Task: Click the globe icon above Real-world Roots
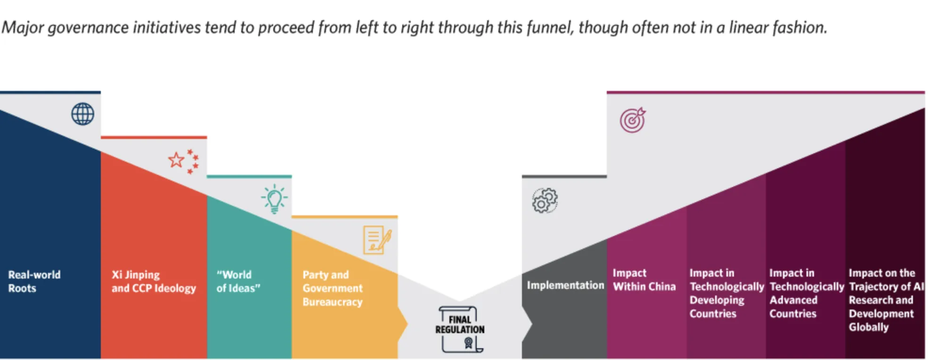tap(83, 114)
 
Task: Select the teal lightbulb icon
tap(275, 199)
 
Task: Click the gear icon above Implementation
tap(545, 200)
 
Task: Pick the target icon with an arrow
tap(633, 120)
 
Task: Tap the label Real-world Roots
tap(34, 281)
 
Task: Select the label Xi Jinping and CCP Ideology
tap(154, 281)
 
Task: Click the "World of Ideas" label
tap(238, 281)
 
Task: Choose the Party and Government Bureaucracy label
tap(333, 288)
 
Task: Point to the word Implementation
tap(565, 285)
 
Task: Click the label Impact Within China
tap(644, 280)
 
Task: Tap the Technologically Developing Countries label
tap(727, 293)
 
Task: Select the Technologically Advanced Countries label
tap(806, 293)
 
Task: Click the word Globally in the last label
tap(869, 327)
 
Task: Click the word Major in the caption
tap(23, 28)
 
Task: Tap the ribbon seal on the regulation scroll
tap(468, 343)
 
